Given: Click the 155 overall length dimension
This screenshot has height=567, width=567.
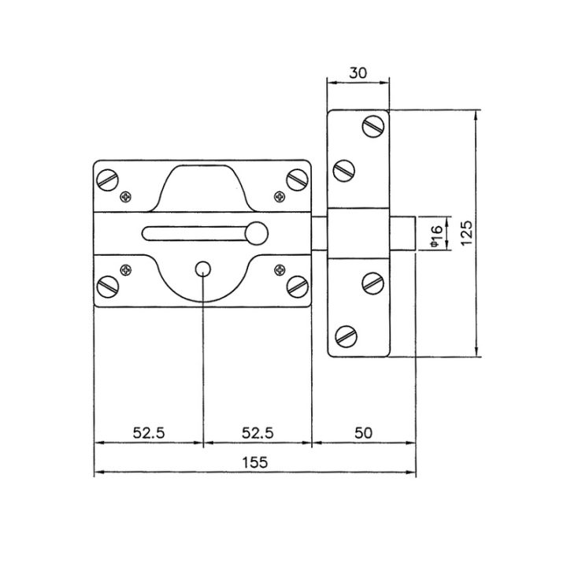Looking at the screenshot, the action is pyautogui.click(x=255, y=462).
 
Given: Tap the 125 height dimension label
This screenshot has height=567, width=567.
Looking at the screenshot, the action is pyautogui.click(x=466, y=233).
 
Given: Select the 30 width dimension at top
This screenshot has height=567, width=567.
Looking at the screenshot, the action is pyautogui.click(x=358, y=73).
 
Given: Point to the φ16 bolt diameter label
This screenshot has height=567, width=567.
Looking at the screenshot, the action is pyautogui.click(x=436, y=236).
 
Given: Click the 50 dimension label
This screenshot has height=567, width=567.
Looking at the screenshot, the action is pyautogui.click(x=363, y=433).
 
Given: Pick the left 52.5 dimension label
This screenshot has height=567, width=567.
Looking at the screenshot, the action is pyautogui.click(x=149, y=433).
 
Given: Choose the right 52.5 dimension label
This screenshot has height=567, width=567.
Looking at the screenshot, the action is pyautogui.click(x=258, y=433).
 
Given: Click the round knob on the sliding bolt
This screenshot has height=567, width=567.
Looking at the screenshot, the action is pyautogui.click(x=257, y=233).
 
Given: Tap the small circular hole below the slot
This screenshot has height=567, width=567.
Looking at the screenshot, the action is pyautogui.click(x=203, y=269).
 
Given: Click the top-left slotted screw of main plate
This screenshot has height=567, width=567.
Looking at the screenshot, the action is pyautogui.click(x=108, y=180).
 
